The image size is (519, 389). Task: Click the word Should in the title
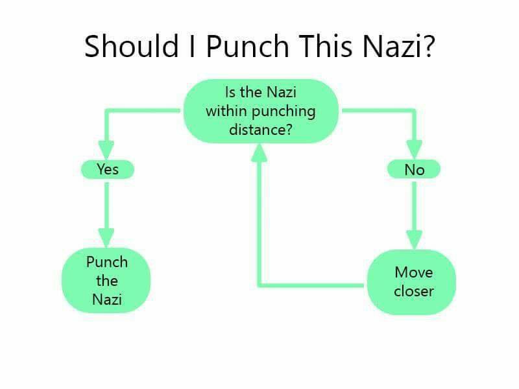132,45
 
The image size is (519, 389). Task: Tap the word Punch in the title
247,45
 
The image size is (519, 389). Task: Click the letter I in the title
192,45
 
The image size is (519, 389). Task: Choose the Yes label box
108,169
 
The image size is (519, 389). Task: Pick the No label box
414,169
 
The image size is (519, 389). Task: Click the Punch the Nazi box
106,280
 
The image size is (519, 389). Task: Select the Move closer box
412,282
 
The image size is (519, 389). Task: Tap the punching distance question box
261,111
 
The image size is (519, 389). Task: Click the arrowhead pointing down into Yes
106,150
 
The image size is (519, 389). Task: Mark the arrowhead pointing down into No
414,149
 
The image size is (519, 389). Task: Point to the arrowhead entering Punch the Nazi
106,237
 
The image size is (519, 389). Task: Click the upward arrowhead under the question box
259,153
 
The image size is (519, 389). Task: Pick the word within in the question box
227,111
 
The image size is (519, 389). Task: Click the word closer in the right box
414,291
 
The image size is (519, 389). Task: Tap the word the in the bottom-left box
107,281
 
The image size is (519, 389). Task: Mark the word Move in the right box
414,272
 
